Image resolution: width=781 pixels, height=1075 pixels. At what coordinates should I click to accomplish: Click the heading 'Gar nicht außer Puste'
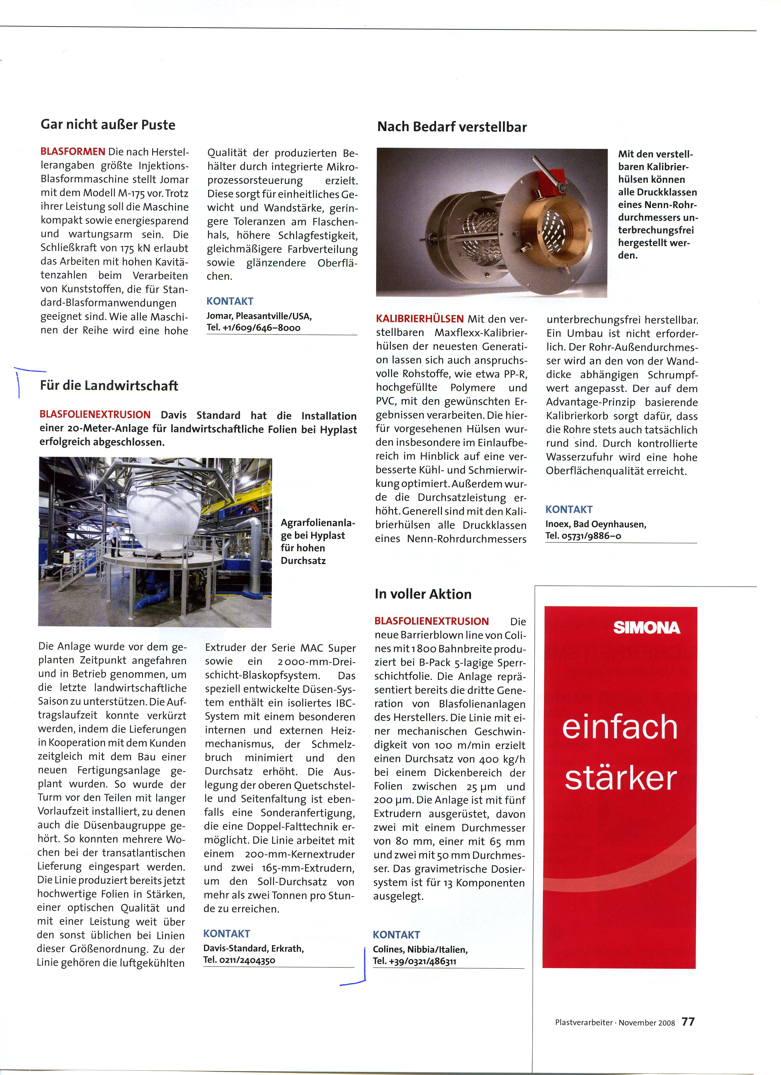(x=108, y=125)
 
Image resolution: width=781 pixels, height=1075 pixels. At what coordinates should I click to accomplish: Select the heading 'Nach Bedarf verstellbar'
(x=452, y=127)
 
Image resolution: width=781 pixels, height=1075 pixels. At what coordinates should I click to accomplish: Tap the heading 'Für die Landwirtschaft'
(x=109, y=386)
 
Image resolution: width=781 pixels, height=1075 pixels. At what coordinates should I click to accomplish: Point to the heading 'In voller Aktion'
(x=423, y=594)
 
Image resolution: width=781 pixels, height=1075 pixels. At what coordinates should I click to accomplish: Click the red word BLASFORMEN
(x=73, y=152)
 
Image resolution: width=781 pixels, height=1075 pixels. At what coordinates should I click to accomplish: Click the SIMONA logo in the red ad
(x=647, y=628)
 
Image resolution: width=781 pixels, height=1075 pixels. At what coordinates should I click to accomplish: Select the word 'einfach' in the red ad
(x=620, y=728)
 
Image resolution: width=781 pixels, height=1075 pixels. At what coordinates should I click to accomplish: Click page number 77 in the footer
(x=688, y=1022)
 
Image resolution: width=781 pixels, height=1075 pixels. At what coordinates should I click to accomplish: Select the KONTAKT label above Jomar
(x=230, y=301)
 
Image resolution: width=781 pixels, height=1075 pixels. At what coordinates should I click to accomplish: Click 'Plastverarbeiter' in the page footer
(x=584, y=1023)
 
